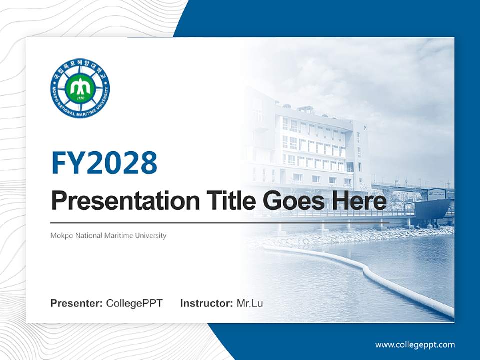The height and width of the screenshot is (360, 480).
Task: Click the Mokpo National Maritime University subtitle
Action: [108, 235]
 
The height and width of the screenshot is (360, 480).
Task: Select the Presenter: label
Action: [77, 303]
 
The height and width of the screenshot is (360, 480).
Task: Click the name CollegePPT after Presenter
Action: [134, 303]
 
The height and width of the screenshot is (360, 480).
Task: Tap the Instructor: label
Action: [206, 303]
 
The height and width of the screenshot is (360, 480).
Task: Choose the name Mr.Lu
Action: [250, 303]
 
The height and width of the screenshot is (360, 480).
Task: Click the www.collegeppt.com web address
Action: [415, 344]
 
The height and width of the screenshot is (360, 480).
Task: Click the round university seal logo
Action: [80, 89]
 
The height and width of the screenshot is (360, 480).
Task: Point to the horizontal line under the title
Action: [220, 223]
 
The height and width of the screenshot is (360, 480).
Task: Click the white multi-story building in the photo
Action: [315, 145]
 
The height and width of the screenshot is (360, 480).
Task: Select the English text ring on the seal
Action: [80, 113]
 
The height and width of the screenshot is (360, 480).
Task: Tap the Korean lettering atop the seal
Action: [80, 66]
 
